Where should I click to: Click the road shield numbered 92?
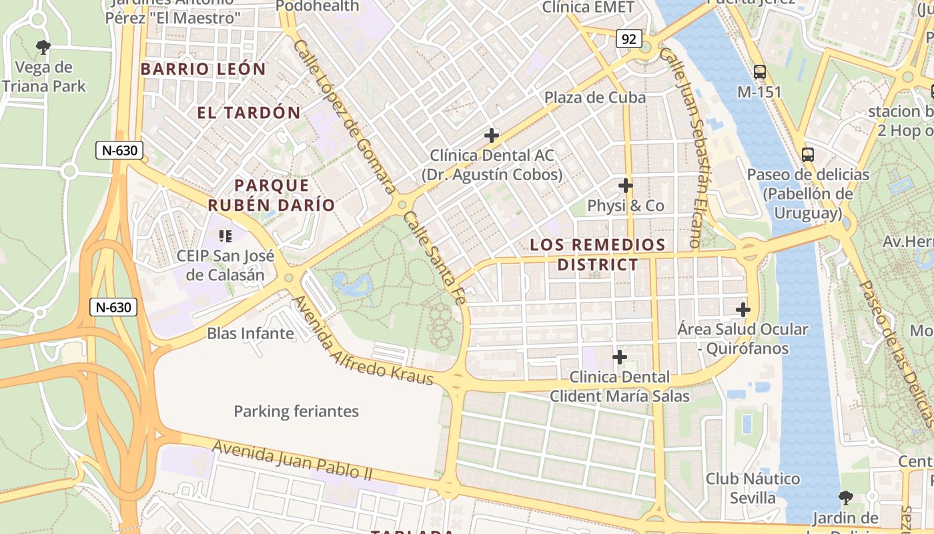(628, 39)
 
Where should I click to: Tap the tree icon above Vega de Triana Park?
(43, 47)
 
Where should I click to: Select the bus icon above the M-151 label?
(759, 71)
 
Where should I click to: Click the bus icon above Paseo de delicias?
(808, 155)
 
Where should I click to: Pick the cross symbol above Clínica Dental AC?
(492, 136)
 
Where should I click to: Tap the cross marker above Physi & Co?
(626, 186)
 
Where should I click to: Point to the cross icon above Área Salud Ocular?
(743, 310)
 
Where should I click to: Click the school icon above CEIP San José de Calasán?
(225, 236)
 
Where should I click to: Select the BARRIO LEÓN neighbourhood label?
(203, 69)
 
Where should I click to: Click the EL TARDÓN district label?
(249, 112)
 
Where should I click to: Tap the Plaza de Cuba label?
(595, 97)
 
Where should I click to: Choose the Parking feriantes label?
(296, 411)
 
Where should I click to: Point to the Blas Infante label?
(251, 333)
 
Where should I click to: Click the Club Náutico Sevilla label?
(753, 488)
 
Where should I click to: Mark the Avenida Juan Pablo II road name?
(292, 461)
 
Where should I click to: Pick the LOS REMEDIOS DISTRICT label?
(598, 254)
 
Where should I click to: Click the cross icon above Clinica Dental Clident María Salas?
(620, 357)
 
